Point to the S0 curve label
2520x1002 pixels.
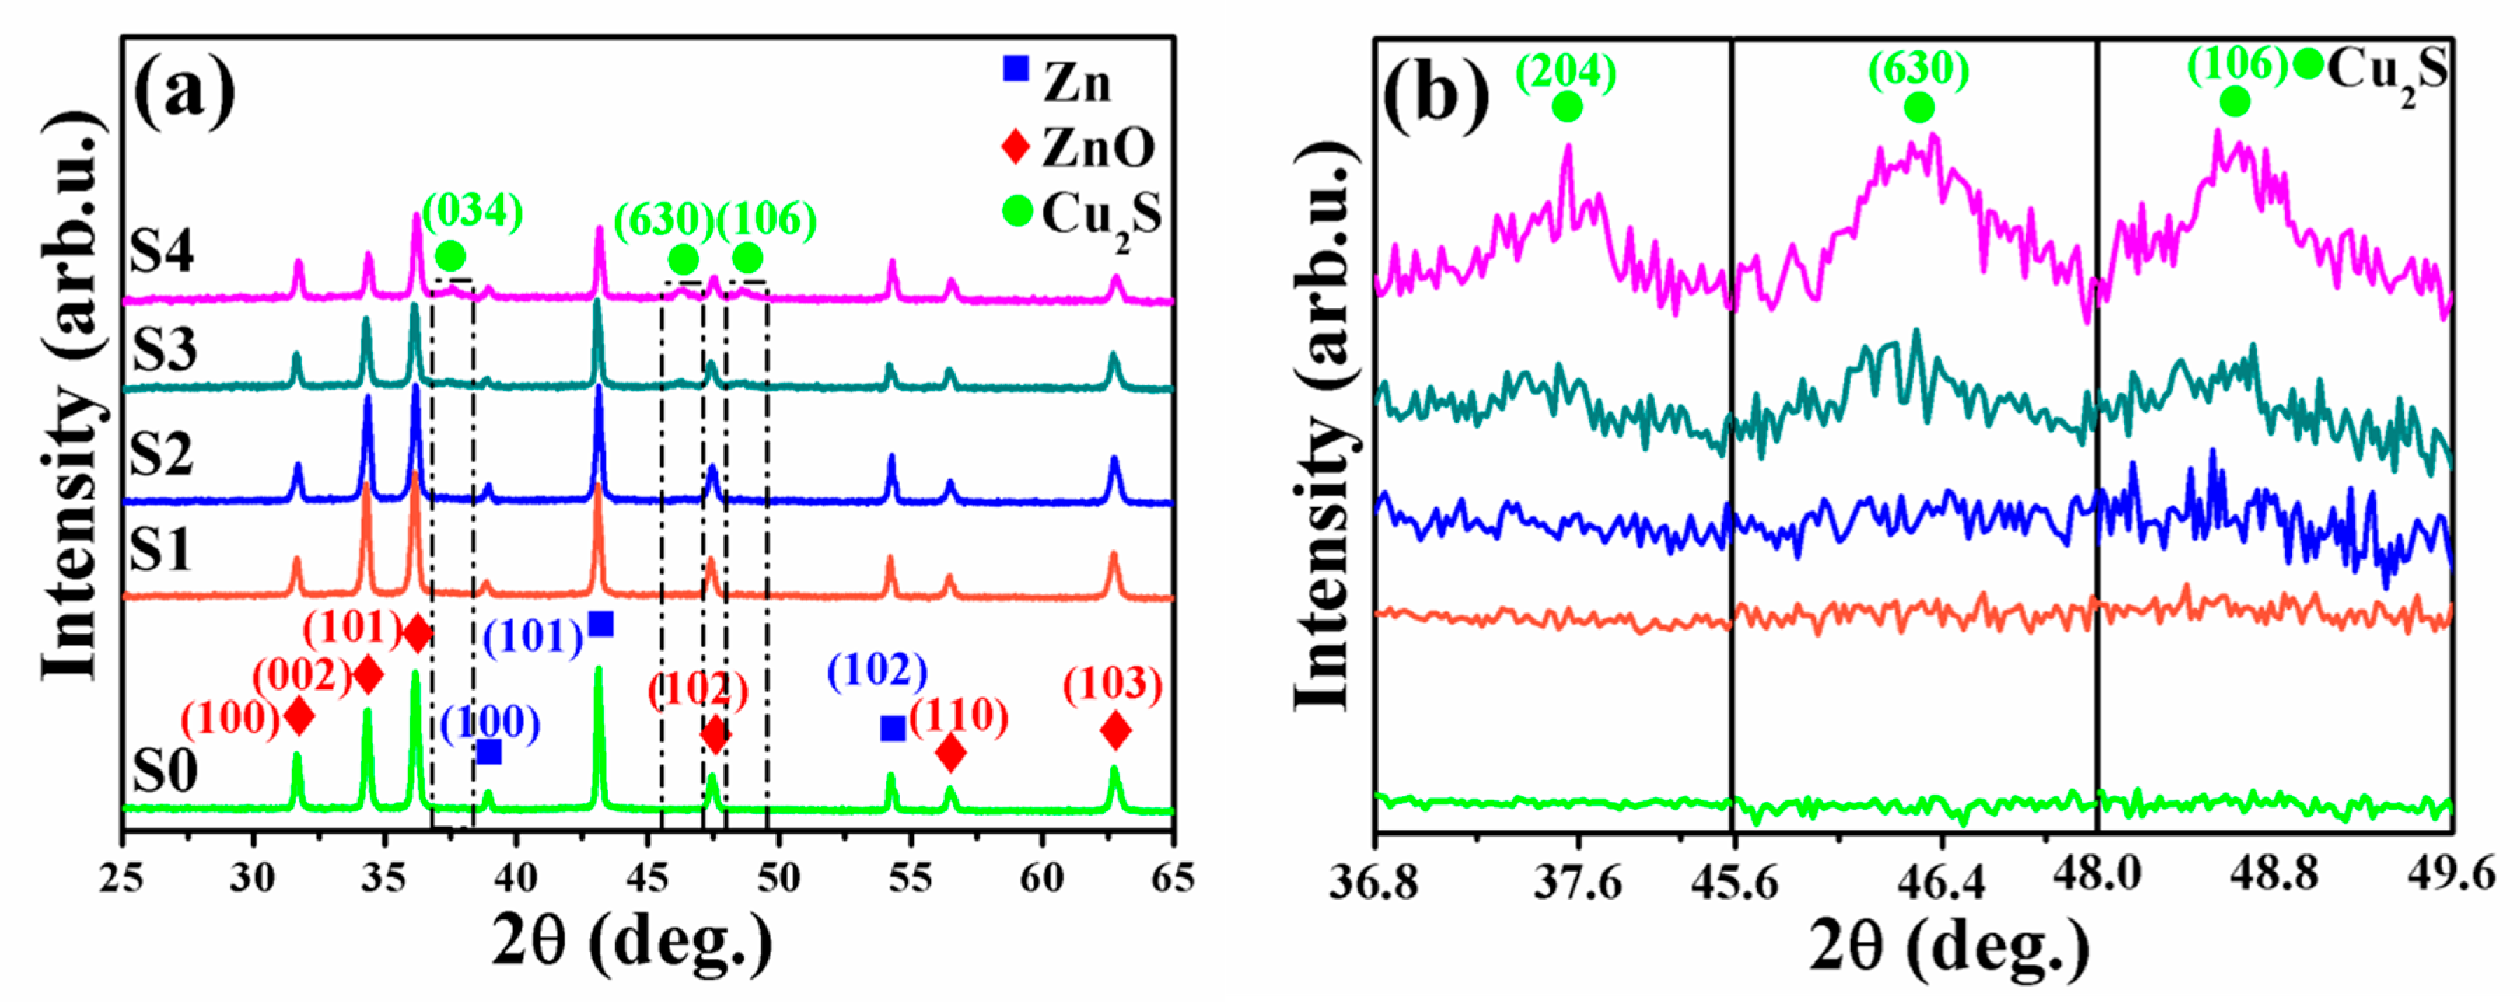[165, 770]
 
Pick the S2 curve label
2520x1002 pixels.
[162, 453]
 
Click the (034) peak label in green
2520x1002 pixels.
[473, 210]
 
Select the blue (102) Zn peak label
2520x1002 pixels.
[877, 671]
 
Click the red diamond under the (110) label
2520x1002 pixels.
[950, 753]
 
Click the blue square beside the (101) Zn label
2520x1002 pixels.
[601, 624]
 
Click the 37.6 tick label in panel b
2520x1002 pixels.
[1576, 883]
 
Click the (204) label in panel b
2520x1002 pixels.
[1566, 71]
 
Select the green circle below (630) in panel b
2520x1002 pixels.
[1919, 108]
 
